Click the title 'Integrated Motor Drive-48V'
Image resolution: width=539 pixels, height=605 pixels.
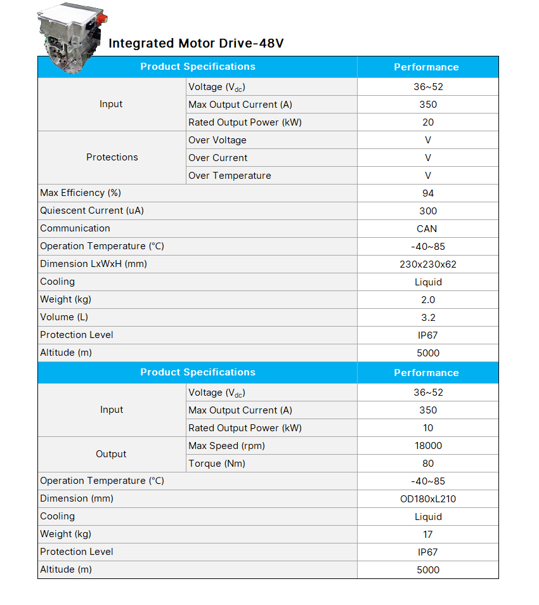[196, 44]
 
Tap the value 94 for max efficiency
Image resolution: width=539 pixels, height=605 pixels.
[428, 193]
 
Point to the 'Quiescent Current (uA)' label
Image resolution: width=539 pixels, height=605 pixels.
[92, 211]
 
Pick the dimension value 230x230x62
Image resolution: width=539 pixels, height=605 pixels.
[428, 264]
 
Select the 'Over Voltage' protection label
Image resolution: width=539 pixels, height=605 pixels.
[218, 140]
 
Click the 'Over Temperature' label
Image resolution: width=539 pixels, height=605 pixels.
[230, 176]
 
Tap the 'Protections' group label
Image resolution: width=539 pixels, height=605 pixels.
[112, 157]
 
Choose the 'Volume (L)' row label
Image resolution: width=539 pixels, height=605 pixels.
[64, 317]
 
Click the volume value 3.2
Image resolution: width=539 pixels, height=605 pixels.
[428, 318]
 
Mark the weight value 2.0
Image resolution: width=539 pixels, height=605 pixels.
[428, 300]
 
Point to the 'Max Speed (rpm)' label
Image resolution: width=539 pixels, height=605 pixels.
[226, 446]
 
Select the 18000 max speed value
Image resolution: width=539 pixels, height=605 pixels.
[428, 446]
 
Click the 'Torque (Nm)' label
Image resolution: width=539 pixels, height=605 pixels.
[218, 464]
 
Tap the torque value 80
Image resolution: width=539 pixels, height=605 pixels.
[428, 464]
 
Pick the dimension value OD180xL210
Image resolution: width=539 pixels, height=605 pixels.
[428, 499]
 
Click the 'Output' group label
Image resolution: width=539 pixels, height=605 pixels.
[111, 454]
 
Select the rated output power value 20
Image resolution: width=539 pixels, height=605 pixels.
[428, 122]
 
